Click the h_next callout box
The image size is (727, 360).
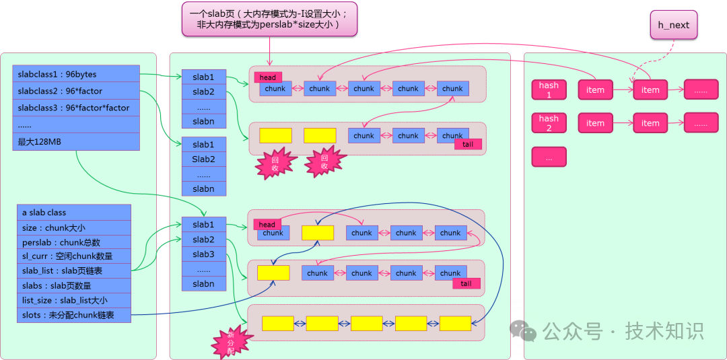pos(674,25)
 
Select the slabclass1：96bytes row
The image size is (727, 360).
pos(75,74)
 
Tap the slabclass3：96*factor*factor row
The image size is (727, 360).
pos(75,108)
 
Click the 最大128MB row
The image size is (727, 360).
pos(75,141)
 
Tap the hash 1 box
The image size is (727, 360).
pos(549,90)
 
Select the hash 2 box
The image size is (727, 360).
pos(549,123)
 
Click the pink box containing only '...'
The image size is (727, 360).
pos(549,157)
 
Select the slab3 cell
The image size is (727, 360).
pos(203,254)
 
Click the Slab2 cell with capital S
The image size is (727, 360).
pos(203,159)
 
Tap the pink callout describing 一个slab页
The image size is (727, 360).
pos(269,19)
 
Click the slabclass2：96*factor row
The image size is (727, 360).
pos(75,91)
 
